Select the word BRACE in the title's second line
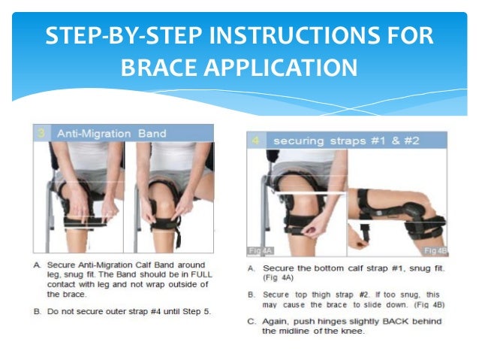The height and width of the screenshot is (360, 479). [155, 68]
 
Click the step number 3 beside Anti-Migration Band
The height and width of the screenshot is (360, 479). [41, 133]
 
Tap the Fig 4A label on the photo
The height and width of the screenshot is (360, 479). [258, 249]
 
